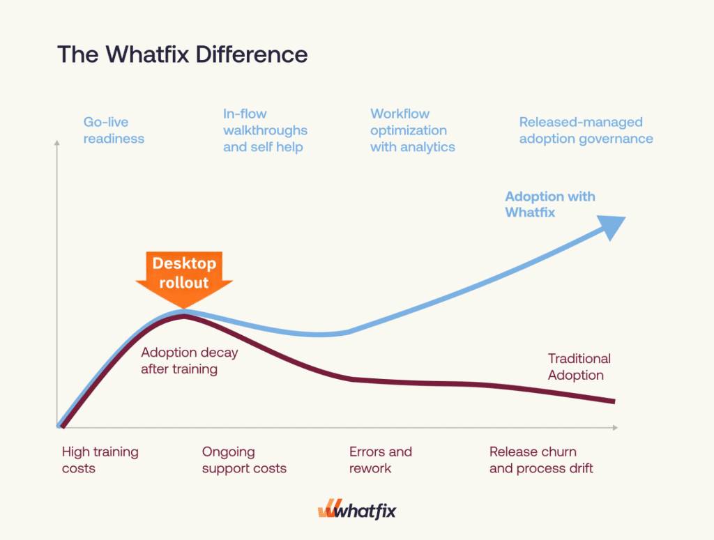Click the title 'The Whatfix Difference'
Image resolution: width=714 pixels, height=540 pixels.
[182, 54]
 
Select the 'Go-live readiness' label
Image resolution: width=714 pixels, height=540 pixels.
[114, 130]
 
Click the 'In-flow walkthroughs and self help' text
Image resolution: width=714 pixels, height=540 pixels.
[265, 130]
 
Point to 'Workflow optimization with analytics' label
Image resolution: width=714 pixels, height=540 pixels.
[412, 130]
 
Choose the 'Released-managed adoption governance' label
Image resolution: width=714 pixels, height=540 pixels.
[586, 130]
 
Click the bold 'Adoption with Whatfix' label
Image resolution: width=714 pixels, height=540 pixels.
[549, 204]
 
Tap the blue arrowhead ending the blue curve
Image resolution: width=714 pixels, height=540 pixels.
[612, 227]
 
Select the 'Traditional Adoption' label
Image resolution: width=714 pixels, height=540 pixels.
[579, 367]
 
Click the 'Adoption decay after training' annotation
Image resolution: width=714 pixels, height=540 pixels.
[189, 360]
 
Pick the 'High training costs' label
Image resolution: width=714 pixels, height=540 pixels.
[100, 460]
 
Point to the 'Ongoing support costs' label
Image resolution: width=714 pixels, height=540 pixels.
[244, 460]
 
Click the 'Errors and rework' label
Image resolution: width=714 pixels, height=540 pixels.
[380, 460]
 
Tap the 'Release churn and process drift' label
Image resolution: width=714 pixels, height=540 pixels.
[541, 460]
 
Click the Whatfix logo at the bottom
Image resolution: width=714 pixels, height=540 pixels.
[356, 511]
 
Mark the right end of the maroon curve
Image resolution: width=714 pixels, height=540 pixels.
[613, 401]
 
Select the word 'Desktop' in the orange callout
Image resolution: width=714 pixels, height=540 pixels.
[184, 264]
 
